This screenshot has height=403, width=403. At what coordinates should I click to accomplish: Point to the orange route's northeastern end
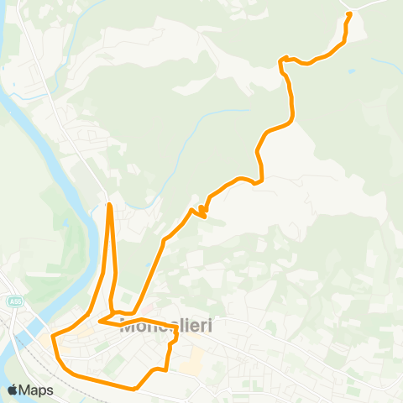click(x=349, y=14)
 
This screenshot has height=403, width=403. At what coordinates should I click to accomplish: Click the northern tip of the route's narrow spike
click(x=110, y=204)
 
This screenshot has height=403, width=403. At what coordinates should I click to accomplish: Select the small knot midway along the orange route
click(x=202, y=210)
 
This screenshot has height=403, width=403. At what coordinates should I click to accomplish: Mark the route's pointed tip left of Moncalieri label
click(x=100, y=320)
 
